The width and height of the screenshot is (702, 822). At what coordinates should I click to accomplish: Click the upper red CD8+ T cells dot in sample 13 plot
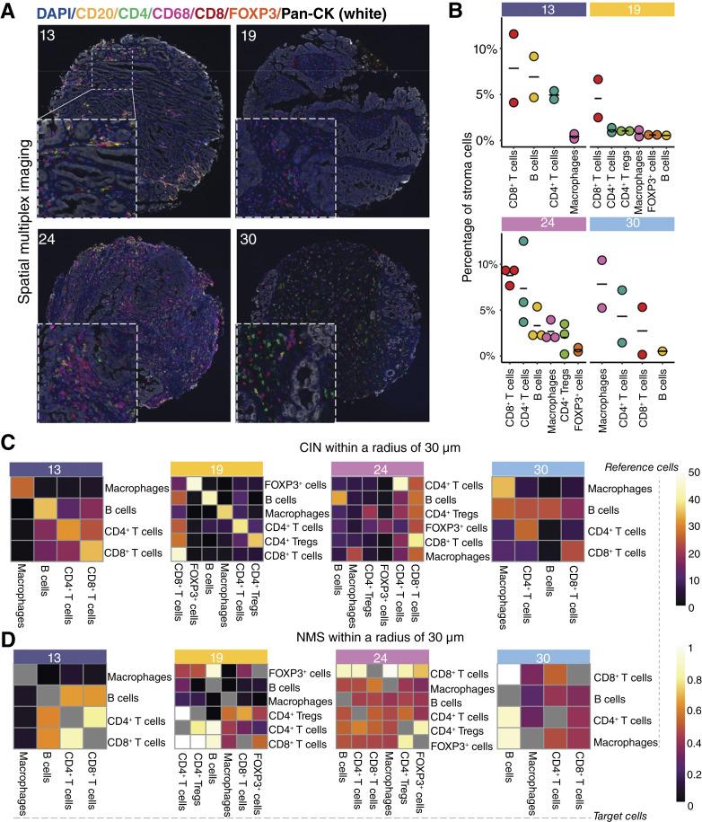point(513,34)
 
